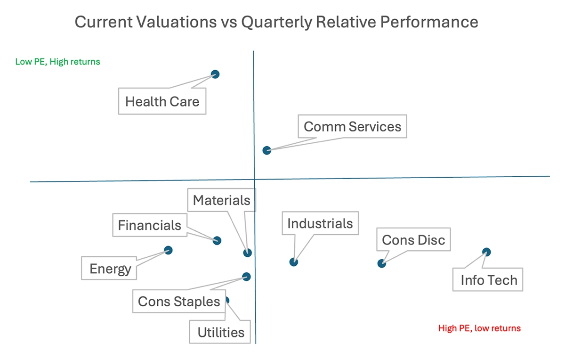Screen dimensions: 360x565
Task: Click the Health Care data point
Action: [x=215, y=74]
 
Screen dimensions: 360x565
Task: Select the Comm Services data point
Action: [x=267, y=150]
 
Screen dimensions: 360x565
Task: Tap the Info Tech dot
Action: [x=486, y=252]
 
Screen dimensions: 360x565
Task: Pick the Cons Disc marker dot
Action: [x=382, y=263]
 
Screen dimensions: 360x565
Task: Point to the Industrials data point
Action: [x=294, y=262]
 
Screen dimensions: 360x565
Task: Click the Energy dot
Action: [x=168, y=250]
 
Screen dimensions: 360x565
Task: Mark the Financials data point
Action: [x=217, y=240]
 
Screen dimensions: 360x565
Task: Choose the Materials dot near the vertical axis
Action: [x=248, y=253]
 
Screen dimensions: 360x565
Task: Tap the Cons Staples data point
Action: [x=246, y=277]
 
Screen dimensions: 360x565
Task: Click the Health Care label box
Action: [x=162, y=101]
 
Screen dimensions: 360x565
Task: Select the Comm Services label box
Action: [x=352, y=126]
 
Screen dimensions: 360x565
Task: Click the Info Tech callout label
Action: [x=488, y=280]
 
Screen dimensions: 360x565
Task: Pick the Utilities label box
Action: [x=221, y=332]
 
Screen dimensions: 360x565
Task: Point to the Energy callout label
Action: [x=110, y=269]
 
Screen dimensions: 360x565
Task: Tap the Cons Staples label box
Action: [x=179, y=302]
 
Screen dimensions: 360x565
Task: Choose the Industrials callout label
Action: [x=320, y=223]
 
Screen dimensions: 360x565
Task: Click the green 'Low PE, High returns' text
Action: [x=57, y=62]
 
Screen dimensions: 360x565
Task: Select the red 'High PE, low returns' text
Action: [x=479, y=328]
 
